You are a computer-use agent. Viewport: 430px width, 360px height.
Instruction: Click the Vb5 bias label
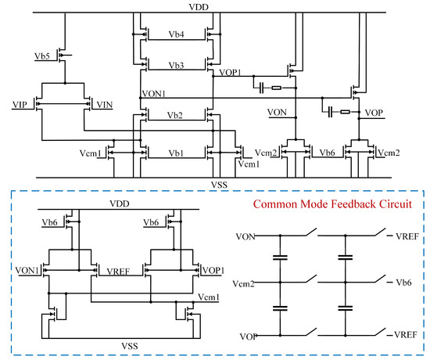44,57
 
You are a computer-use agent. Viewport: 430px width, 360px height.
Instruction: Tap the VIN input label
103,103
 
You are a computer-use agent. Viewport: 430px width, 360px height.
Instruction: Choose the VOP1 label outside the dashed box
231,71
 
